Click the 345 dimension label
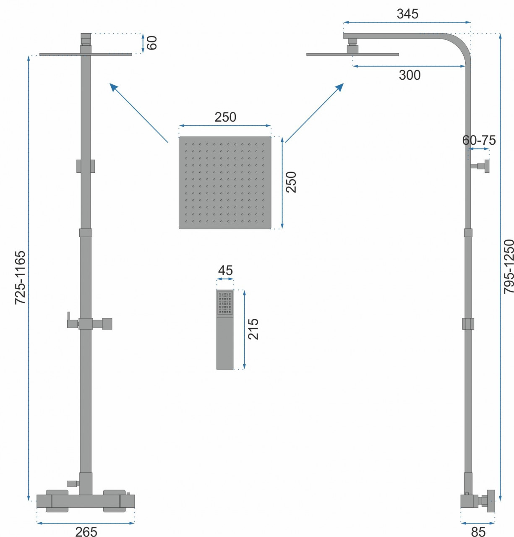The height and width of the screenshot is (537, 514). click(407, 14)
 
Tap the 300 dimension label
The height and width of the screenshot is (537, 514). click(410, 75)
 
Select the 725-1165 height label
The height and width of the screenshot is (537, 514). click(20, 277)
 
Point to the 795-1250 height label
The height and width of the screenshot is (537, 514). click(509, 266)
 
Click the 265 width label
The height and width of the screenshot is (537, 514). click(86, 532)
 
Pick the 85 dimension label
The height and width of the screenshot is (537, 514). click(478, 532)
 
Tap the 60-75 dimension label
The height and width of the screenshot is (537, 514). click(479, 140)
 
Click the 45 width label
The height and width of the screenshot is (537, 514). click(225, 271)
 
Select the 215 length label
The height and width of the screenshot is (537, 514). click(253, 329)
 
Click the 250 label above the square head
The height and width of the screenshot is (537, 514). click(225, 117)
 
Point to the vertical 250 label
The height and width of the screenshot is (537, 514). click(291, 182)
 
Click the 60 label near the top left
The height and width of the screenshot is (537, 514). click(151, 42)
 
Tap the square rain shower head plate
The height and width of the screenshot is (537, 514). click(225, 183)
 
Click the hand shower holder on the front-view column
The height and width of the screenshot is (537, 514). click(89, 323)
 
